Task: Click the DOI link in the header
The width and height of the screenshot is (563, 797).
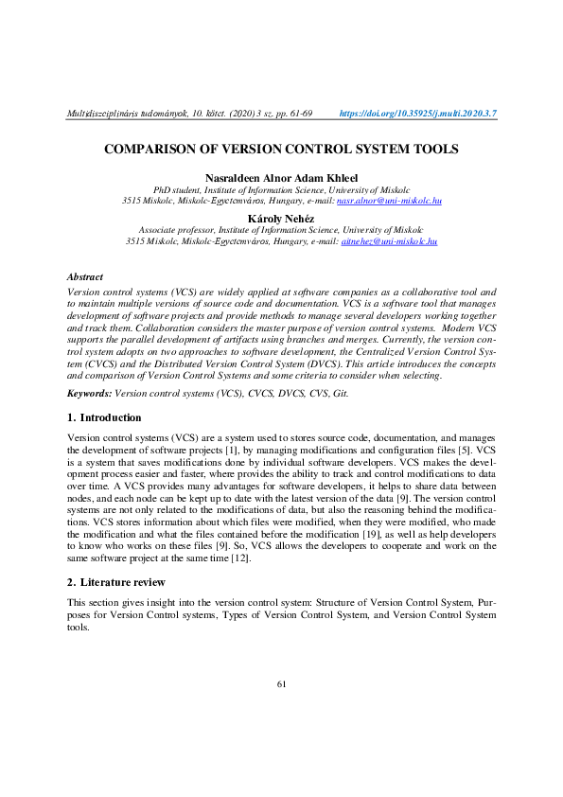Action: click(x=417, y=114)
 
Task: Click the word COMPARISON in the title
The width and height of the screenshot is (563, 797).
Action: click(x=154, y=150)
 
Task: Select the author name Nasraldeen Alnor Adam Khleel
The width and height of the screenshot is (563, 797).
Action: click(x=281, y=178)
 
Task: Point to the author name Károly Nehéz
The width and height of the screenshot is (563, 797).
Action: click(x=281, y=218)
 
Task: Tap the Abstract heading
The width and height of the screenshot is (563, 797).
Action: click(x=84, y=276)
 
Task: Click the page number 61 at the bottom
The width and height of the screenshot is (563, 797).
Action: click(x=281, y=683)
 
